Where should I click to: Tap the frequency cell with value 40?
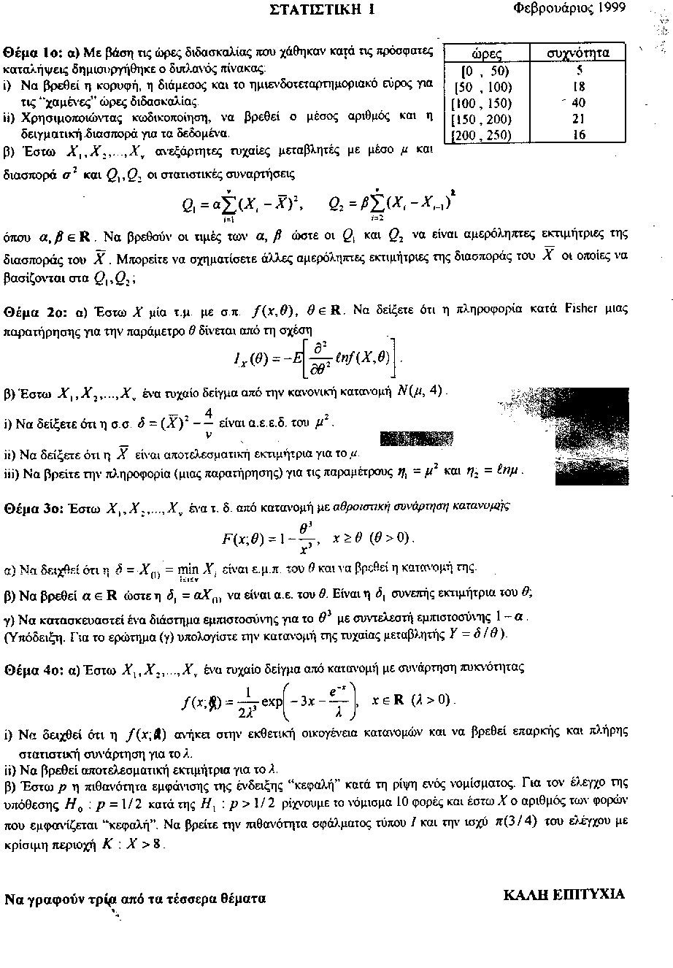coord(578,102)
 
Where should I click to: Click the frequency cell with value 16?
coord(579,135)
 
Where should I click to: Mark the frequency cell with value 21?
coord(578,119)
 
